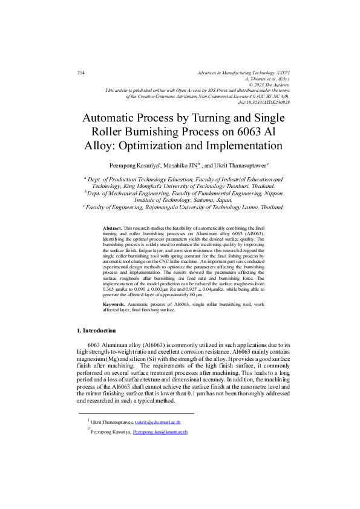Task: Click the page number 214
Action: pos(80,73)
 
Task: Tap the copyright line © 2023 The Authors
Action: pos(266,85)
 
